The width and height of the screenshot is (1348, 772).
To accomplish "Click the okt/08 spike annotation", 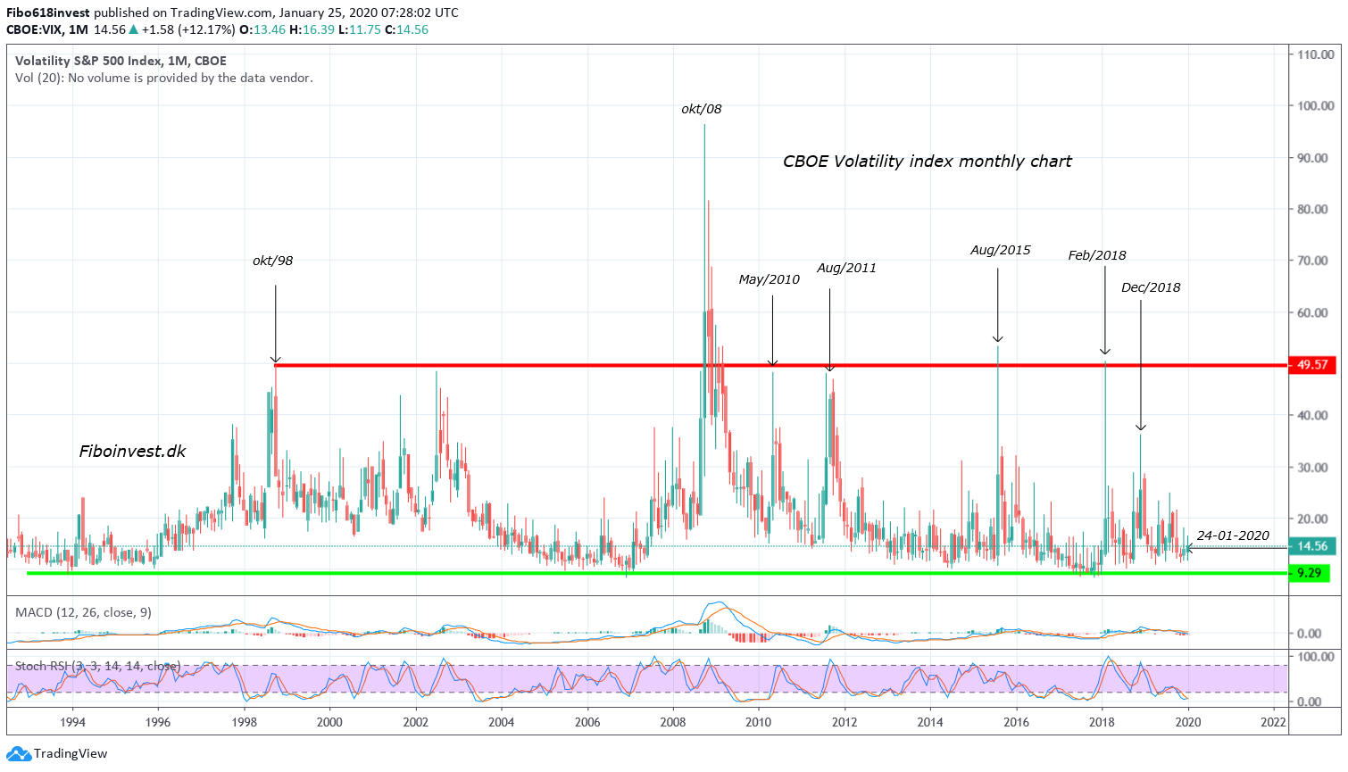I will [701, 109].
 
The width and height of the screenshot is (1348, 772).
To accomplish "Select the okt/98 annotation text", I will [272, 261].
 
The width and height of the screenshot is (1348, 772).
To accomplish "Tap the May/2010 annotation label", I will [769, 279].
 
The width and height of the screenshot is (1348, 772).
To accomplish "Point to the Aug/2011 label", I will [846, 268].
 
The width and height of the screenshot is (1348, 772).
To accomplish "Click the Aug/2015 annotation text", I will [1000, 250].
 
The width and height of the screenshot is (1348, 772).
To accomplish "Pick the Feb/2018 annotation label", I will [1096, 255].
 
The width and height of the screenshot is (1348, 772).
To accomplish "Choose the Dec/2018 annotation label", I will [1150, 287].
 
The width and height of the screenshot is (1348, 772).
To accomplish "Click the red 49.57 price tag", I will [1311, 365].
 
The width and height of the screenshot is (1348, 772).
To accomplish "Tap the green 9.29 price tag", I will [1309, 573].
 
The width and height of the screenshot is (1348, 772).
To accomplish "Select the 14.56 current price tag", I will [1311, 546].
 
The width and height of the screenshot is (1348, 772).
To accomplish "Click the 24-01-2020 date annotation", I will [1232, 535].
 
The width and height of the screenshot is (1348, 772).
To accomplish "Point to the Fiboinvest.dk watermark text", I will [132, 451].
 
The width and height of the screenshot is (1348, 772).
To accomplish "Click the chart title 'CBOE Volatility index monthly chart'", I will [927, 162].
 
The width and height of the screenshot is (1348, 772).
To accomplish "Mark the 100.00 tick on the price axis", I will [1315, 106].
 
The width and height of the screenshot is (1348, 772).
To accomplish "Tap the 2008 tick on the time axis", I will [672, 722].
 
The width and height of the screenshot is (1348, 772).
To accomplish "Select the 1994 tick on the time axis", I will [72, 722].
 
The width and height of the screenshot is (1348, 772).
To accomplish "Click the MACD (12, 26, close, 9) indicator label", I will [83, 612].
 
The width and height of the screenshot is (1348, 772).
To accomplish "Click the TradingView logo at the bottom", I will [59, 754].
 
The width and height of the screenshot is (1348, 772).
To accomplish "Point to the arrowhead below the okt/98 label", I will [275, 359].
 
